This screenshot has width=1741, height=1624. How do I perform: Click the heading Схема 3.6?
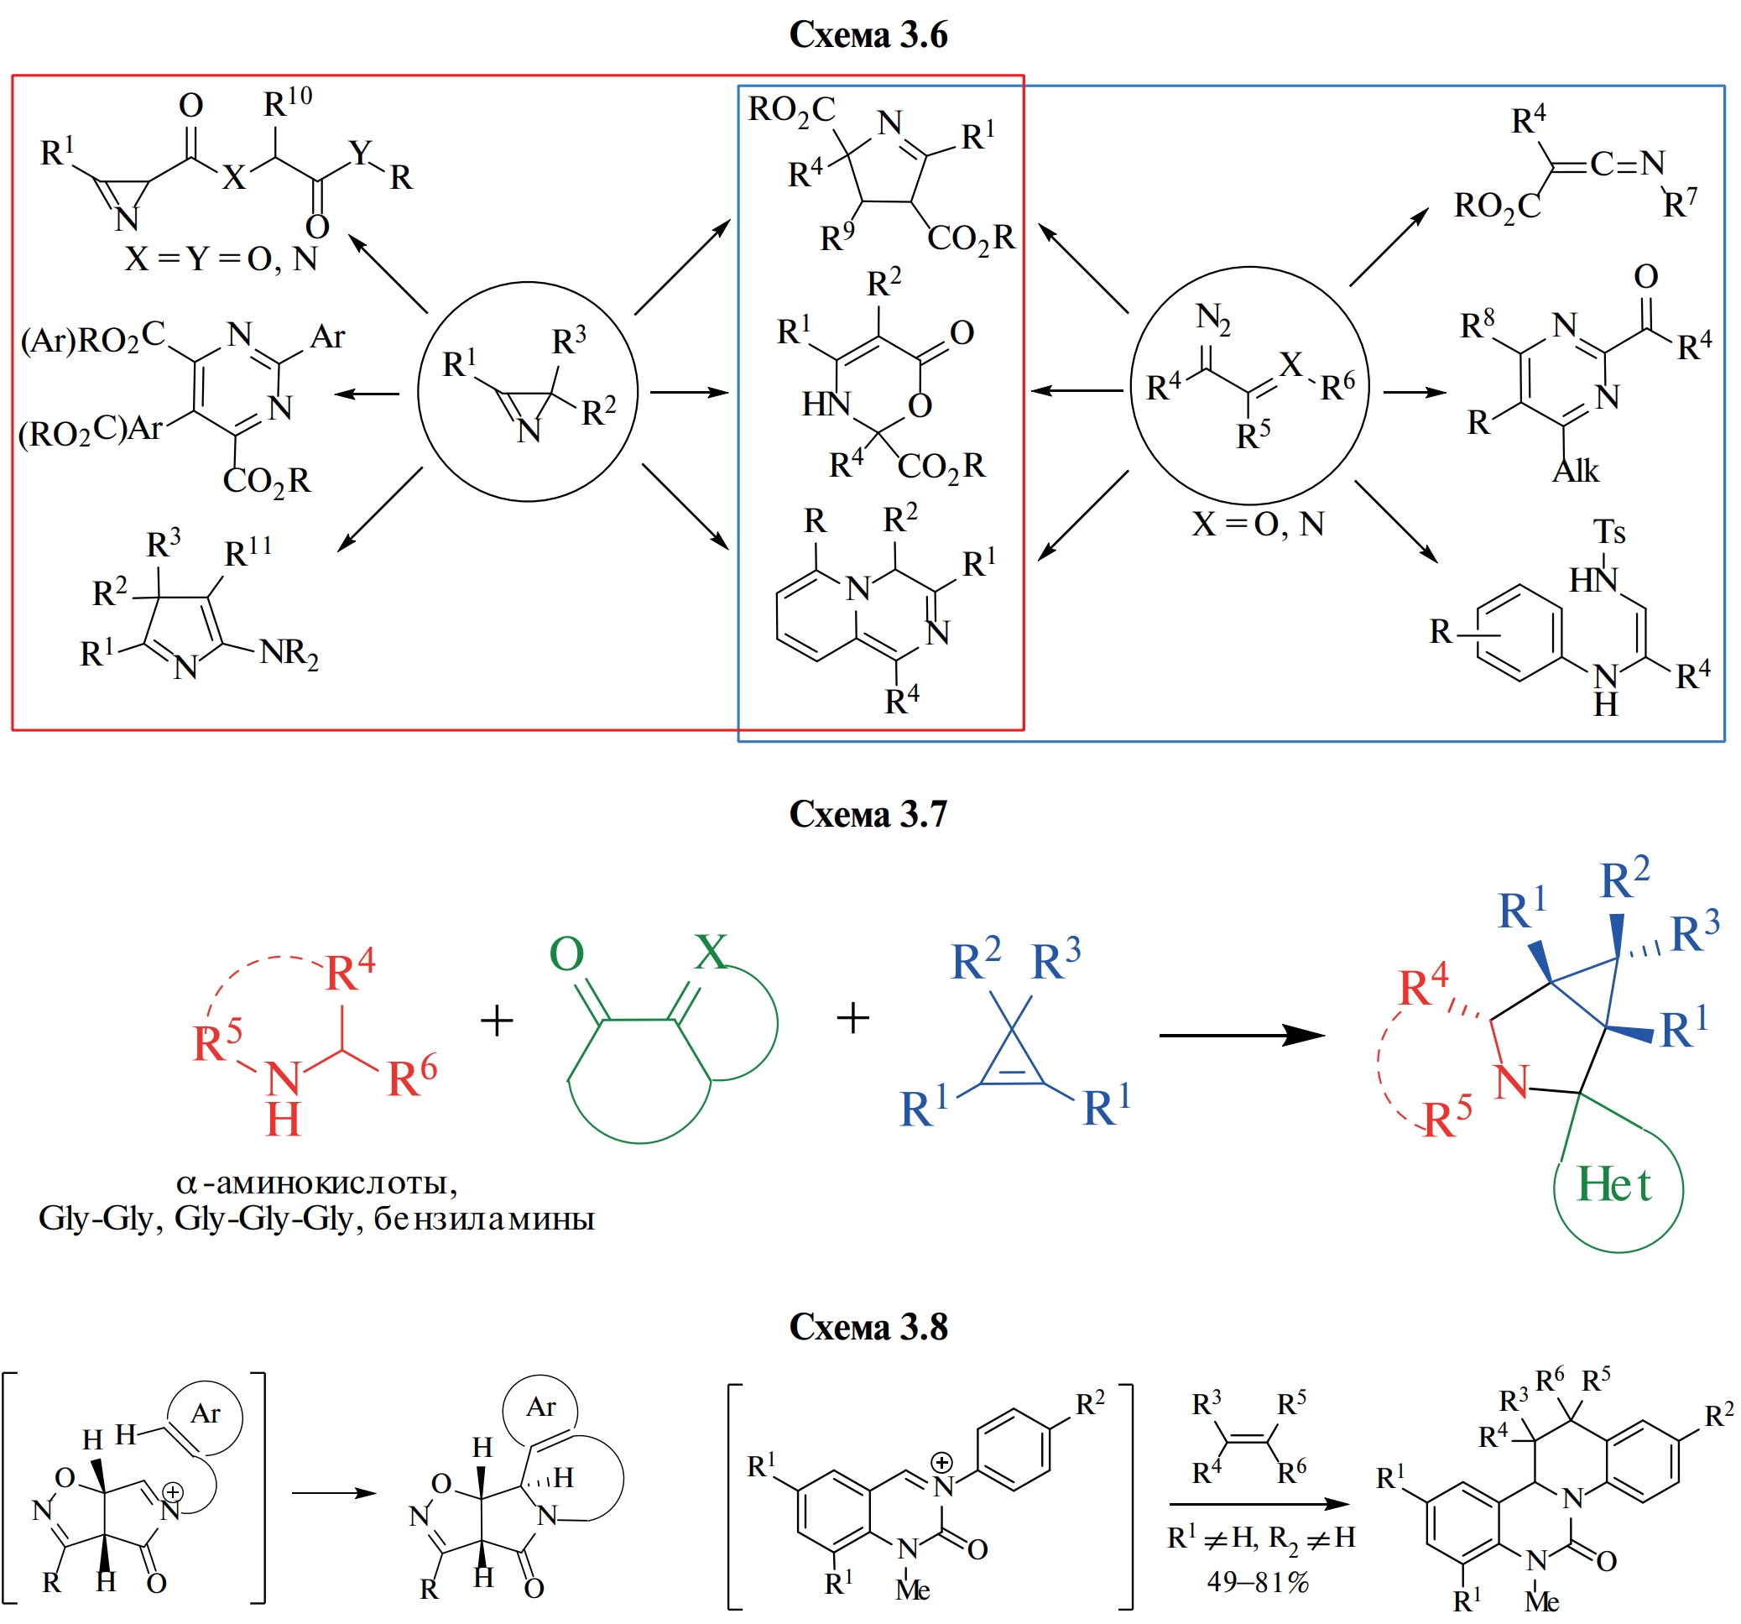click(868, 35)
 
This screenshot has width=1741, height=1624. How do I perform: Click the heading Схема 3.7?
click(868, 814)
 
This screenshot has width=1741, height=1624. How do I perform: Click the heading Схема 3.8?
click(868, 1326)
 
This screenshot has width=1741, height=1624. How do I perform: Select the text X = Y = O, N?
click(221, 259)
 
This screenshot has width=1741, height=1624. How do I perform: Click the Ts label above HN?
click(1608, 532)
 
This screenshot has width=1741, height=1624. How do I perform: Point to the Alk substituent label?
click(1576, 472)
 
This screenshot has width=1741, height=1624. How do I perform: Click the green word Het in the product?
click(1613, 1185)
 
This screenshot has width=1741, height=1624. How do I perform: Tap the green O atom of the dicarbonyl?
click(566, 954)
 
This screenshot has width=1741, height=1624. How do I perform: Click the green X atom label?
click(709, 951)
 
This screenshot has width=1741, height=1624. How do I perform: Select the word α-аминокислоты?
click(317, 1183)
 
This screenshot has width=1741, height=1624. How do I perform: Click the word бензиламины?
click(484, 1219)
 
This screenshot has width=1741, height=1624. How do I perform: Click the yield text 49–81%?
click(1259, 1581)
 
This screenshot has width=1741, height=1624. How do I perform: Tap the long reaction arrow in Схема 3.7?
click(1241, 1036)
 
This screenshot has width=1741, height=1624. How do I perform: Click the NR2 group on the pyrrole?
click(289, 654)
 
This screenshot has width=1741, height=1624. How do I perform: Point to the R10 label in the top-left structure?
click(287, 102)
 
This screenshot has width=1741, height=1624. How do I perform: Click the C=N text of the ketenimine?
click(1627, 164)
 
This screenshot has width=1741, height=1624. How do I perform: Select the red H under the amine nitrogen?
click(283, 1120)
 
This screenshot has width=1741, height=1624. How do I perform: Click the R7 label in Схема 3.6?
click(1680, 203)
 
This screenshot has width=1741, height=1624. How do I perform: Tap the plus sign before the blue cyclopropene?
click(852, 1018)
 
